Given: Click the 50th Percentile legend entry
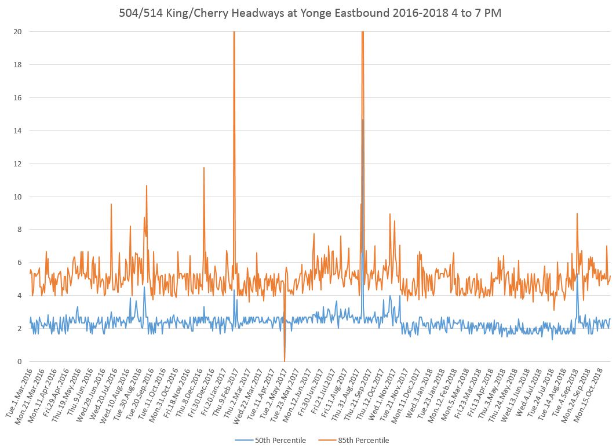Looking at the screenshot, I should (x=280, y=440).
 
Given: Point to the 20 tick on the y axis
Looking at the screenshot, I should (x=17, y=32).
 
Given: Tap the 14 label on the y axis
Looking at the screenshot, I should (x=17, y=131).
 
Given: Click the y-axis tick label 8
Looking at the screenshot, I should (x=19, y=230).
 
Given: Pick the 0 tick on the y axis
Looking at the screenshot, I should (x=19, y=362).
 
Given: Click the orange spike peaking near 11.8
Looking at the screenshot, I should (x=204, y=168).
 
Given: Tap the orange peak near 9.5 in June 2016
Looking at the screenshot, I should (x=111, y=205).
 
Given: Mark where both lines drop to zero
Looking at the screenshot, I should (x=285, y=360).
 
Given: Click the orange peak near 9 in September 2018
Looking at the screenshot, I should (x=577, y=214).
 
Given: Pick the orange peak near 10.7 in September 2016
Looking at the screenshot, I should (x=147, y=186).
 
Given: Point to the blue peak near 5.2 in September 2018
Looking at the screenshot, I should (x=577, y=276).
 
